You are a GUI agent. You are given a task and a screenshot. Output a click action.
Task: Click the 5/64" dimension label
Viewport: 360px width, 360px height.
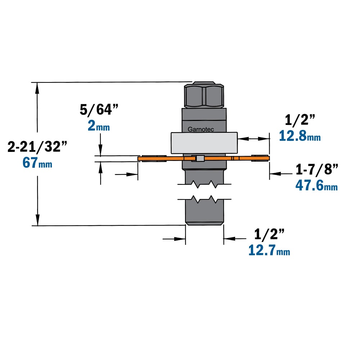(99, 109)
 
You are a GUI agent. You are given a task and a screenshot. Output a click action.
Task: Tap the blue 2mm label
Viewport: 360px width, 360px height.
(99, 126)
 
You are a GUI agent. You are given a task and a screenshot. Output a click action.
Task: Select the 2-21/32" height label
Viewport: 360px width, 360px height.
(37, 147)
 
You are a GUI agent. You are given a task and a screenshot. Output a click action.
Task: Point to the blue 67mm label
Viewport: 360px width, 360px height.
(37, 163)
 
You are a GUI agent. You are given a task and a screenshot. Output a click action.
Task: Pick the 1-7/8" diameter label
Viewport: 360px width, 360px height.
(317, 169)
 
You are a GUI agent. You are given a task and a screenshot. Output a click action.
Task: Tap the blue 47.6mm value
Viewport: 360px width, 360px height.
(316, 185)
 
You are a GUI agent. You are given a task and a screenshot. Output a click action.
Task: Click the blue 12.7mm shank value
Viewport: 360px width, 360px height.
(269, 250)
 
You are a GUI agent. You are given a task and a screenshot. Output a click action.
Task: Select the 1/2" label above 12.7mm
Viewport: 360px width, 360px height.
(269, 234)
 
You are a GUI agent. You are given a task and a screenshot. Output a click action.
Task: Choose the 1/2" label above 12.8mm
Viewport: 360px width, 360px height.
(300, 120)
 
